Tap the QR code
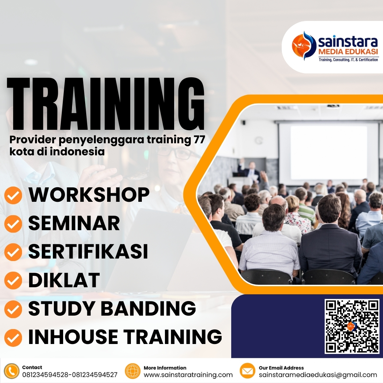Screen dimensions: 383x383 coord(352,326)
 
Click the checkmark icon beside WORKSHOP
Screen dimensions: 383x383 coord(13,196)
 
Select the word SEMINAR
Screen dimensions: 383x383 coord(74,223)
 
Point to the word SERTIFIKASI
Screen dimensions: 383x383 coord(88,251)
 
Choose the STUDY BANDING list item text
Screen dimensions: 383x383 coord(112,308)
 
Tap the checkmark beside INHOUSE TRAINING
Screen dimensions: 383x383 coord(13,337)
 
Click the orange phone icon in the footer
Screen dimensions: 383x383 coord(12,371)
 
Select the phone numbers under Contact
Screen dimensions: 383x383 coord(70,375)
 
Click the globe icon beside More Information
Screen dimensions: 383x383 coord(133,371)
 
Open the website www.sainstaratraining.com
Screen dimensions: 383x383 coord(188,375)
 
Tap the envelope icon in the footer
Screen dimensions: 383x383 coord(248,371)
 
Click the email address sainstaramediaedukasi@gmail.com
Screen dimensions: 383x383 coord(318,375)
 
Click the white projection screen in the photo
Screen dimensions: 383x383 coord(328,152)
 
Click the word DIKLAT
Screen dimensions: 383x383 coord(64,280)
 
